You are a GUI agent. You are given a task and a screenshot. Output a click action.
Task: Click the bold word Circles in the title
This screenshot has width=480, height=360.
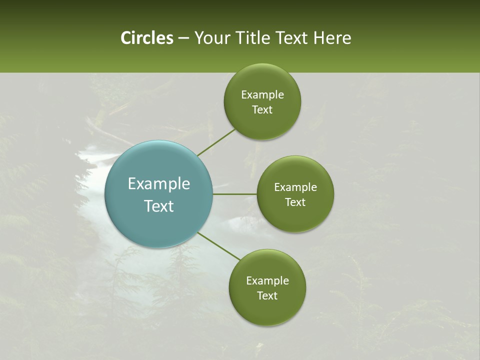coord(146,38)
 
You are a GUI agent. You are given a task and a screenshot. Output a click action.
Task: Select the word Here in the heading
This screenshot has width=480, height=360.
coord(332,38)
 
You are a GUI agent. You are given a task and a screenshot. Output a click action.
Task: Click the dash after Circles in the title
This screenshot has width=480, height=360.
coord(183,38)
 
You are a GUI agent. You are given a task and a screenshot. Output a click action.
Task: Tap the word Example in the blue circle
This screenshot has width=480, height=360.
coord(159,184)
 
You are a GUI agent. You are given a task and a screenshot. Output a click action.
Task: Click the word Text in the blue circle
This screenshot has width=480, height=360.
coord(159,206)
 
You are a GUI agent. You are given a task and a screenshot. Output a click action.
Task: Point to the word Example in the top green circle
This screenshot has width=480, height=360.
coord(262,95)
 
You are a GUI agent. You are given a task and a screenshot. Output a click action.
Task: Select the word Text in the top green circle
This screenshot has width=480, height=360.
coord(262,110)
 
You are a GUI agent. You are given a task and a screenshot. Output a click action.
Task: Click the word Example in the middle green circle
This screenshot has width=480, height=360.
coord(295,187)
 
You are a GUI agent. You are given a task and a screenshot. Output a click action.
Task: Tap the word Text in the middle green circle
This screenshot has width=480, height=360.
coord(295,202)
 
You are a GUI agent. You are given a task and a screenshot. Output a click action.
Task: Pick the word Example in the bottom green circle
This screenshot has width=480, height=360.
coord(267,280)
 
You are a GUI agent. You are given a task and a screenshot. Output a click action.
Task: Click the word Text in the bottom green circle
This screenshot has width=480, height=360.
coord(267,295)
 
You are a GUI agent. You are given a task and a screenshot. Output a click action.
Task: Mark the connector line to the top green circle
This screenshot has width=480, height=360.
coord(216,142)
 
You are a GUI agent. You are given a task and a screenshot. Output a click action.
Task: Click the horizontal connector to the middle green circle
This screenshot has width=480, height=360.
coord(234,194)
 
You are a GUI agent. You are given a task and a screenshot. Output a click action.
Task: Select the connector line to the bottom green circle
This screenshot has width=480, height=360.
coord(219,246)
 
